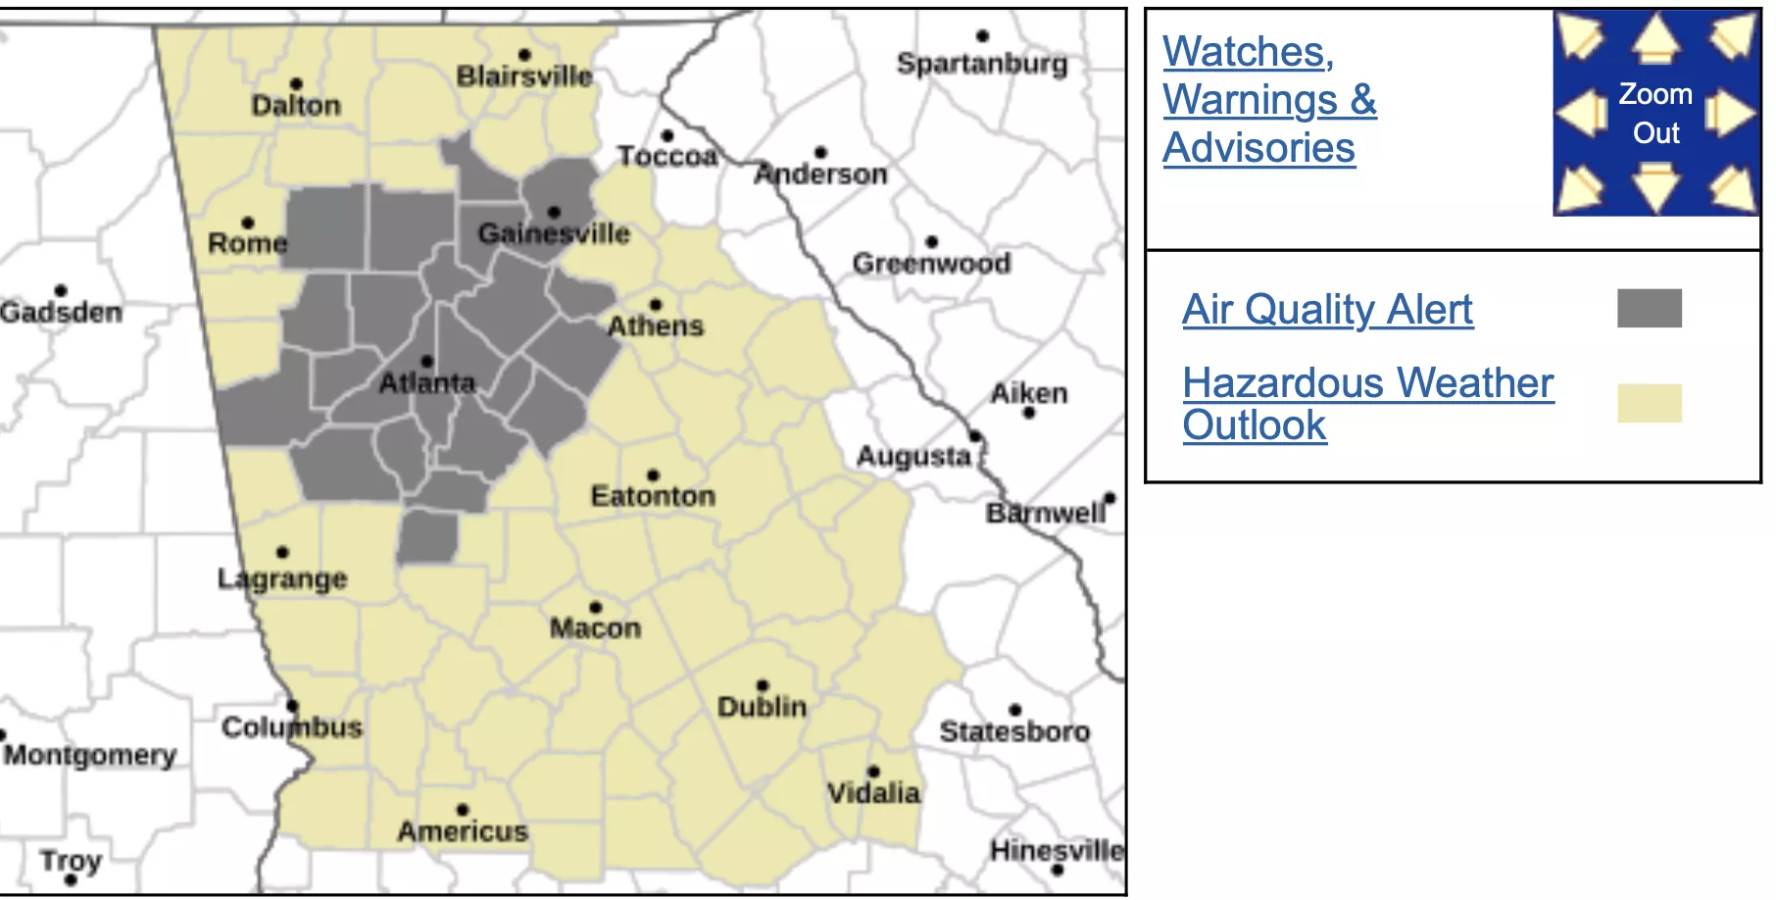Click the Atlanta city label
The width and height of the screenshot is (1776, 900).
click(x=426, y=383)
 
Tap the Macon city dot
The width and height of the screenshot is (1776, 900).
click(x=595, y=608)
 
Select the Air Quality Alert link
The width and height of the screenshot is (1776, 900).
click(x=1327, y=310)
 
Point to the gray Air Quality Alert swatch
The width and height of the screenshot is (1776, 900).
click(x=1649, y=308)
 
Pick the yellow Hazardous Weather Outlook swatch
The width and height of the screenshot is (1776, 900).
click(x=1649, y=403)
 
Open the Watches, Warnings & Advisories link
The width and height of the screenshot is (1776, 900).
click(x=1269, y=100)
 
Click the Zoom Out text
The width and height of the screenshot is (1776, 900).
click(x=1655, y=114)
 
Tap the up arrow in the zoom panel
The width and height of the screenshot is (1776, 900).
click(x=1655, y=39)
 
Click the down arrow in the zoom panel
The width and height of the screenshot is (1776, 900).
click(x=1655, y=186)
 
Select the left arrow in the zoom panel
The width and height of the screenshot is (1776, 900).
click(x=1581, y=114)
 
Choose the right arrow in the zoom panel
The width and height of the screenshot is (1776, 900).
click(x=1730, y=114)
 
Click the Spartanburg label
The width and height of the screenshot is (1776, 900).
click(x=982, y=64)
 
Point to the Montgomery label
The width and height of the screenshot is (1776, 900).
click(x=90, y=755)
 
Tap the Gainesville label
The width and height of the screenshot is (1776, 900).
click(x=554, y=234)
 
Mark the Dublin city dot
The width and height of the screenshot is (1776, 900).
click(x=763, y=685)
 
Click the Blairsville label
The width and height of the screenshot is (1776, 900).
click(x=524, y=76)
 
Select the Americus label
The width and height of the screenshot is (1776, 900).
click(x=463, y=831)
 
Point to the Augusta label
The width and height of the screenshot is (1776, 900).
click(x=913, y=456)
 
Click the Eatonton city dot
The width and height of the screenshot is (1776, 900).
click(x=654, y=475)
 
